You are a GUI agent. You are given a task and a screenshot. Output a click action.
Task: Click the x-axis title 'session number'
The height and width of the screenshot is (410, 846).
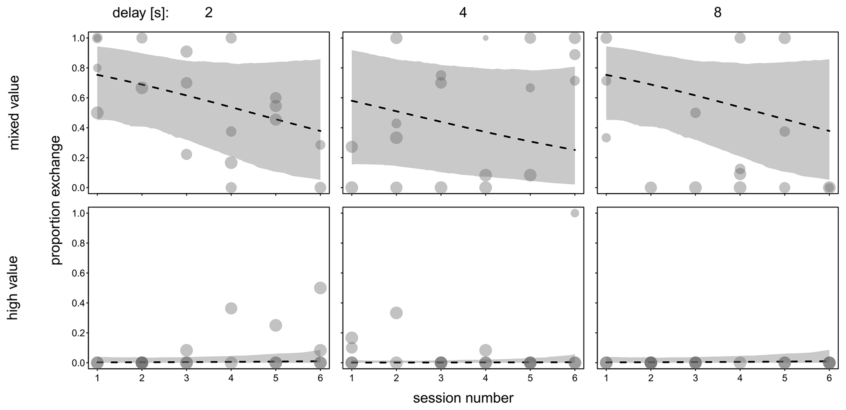[463, 398]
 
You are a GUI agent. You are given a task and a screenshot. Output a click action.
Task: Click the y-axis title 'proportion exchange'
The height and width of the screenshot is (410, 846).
[56, 200]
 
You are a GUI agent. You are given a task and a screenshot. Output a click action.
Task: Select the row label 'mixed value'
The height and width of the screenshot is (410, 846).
[14, 113]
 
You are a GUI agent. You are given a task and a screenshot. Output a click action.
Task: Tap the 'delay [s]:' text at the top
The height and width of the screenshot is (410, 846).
[140, 13]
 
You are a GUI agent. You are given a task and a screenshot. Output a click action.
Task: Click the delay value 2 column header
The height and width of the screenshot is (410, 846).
[208, 13]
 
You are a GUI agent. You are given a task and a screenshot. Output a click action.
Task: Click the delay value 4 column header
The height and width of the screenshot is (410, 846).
[463, 13]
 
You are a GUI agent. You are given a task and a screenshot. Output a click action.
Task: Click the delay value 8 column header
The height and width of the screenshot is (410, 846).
[717, 13]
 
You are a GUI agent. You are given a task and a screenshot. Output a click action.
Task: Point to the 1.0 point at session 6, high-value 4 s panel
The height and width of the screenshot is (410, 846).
[575, 213]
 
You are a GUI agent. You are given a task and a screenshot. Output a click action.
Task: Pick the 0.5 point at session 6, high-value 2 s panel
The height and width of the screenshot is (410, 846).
[320, 288]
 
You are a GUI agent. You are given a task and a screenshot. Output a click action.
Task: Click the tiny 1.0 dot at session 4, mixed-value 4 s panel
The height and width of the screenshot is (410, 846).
[485, 38]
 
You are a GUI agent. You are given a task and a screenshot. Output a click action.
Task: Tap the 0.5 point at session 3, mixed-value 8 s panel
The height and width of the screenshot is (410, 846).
[695, 113]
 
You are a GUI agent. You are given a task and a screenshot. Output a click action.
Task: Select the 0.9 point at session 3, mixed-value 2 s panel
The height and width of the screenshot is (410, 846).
[186, 52]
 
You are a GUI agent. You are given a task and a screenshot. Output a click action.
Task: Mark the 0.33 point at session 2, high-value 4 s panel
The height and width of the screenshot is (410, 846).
[396, 313]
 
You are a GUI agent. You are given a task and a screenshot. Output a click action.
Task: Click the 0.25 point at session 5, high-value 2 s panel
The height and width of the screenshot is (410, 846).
[275, 326]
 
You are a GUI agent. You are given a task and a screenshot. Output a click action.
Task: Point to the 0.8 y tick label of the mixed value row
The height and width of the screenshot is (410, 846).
[78, 68]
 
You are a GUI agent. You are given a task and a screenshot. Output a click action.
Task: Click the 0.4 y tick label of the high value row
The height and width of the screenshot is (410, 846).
[78, 303]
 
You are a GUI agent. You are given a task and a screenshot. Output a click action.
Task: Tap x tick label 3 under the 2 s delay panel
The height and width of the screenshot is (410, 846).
[186, 378]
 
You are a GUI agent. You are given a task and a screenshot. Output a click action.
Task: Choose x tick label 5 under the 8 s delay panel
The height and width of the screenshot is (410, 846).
[785, 378]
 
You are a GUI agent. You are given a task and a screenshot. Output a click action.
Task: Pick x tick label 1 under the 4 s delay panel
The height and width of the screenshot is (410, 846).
[352, 378]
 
